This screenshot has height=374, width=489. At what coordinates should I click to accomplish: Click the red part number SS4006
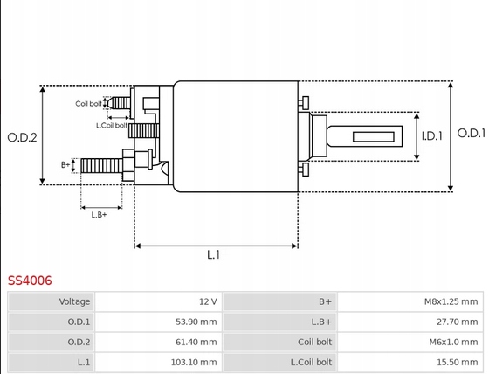pyautogui.click(x=30, y=280)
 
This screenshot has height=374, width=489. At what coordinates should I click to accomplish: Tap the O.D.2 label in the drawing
pyautogui.click(x=22, y=137)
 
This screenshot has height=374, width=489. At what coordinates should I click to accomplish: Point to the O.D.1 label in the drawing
pyautogui.click(x=472, y=134)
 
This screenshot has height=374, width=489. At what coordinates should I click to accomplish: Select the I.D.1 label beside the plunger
pyautogui.click(x=432, y=136)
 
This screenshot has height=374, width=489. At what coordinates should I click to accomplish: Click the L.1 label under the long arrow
pyautogui.click(x=213, y=255)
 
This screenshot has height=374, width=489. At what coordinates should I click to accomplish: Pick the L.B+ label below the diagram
pyautogui.click(x=99, y=215)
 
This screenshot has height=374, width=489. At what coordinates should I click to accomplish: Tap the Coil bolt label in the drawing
pyautogui.click(x=88, y=104)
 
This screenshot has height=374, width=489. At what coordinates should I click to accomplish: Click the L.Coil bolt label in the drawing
pyautogui.click(x=112, y=126)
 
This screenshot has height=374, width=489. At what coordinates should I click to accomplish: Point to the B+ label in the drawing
pyautogui.click(x=65, y=165)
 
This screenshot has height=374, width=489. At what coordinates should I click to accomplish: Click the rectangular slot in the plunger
pyautogui.click(x=374, y=136)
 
